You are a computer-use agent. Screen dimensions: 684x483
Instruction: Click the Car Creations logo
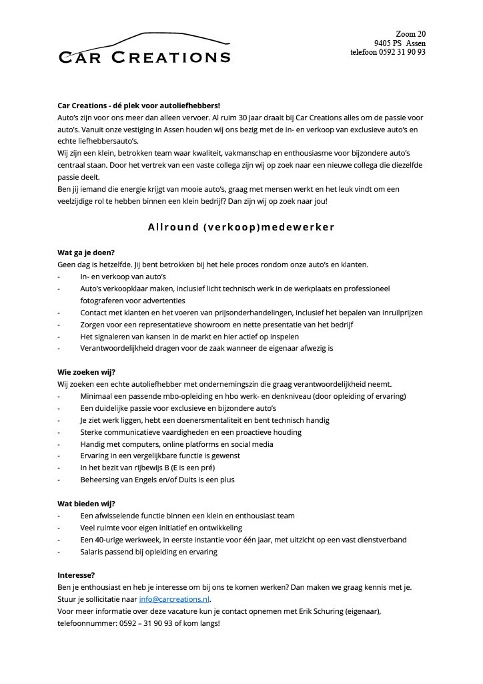(144, 49)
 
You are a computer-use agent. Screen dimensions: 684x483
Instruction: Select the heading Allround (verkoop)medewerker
(241, 227)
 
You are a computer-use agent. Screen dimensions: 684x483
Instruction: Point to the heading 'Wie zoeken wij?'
(87, 372)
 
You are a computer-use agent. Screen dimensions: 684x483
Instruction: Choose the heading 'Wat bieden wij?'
(86, 504)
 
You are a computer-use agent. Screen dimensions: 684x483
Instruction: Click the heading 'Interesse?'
(77, 575)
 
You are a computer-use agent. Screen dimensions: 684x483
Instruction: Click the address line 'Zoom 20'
(410, 33)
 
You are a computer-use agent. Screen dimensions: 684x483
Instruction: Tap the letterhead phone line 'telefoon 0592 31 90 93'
(388, 52)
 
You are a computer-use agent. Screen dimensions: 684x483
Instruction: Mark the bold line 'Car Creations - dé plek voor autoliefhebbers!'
(139, 106)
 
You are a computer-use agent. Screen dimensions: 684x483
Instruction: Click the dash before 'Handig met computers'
(59, 444)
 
